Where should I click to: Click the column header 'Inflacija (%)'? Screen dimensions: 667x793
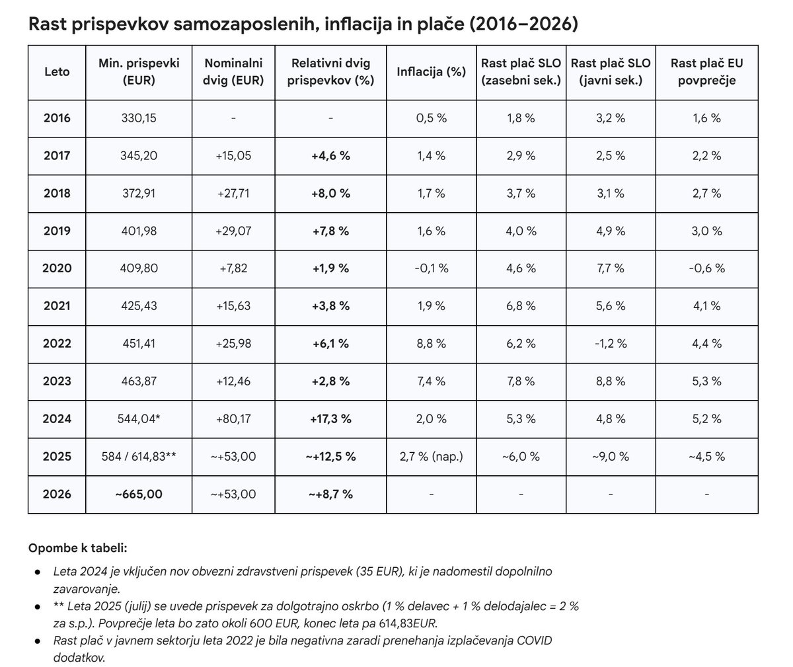pyautogui.click(x=431, y=72)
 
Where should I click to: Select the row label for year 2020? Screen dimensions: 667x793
pyautogui.click(x=56, y=268)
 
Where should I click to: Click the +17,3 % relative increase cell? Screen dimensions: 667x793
pyautogui.click(x=330, y=418)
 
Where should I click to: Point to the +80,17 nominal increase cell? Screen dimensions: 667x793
pyautogui.click(x=234, y=418)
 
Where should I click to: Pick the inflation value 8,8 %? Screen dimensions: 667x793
pyautogui.click(x=431, y=344)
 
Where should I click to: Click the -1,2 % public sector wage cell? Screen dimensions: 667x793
pyautogui.click(x=610, y=344)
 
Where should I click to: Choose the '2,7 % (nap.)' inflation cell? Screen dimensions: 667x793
pyautogui.click(x=431, y=456)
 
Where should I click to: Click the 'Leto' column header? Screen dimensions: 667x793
pyautogui.click(x=56, y=72)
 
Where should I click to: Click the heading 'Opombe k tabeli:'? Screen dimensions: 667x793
pyautogui.click(x=77, y=549)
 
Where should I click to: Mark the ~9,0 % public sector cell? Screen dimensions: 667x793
pyautogui.click(x=610, y=456)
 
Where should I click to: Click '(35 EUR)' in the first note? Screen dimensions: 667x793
pyautogui.click(x=379, y=570)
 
